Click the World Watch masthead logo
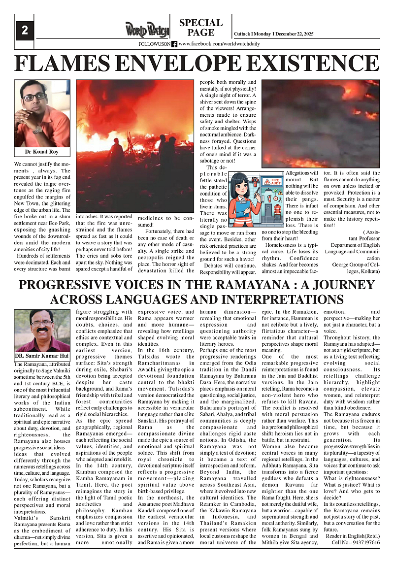coord(146,30)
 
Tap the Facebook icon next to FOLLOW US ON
coord(174,44)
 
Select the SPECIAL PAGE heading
coord(201,28)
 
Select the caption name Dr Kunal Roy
coord(42,152)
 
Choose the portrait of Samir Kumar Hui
coord(42,330)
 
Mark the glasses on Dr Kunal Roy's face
coord(34,97)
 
